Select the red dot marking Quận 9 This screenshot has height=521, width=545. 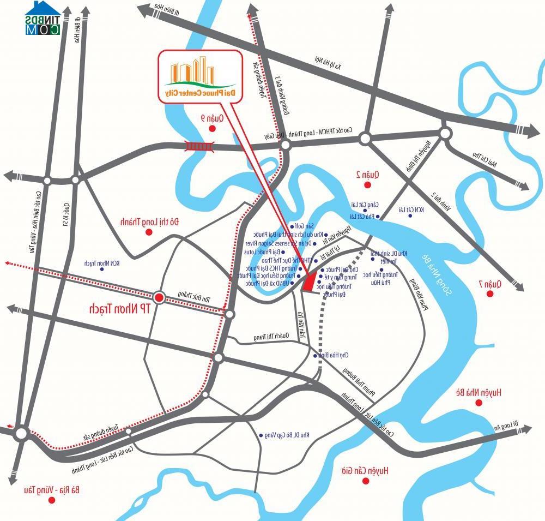pos(213,129)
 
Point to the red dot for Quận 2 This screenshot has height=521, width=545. pos(367,185)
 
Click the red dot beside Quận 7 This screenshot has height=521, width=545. pos(490,294)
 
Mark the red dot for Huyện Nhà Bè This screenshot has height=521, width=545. pos(479,403)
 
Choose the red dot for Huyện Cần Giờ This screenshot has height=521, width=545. pos(366,481)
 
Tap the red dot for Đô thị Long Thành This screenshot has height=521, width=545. pos(148,232)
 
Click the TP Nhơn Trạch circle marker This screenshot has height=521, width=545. pos(159,297)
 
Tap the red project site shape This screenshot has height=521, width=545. pos(309,282)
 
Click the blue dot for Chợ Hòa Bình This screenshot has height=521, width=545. pos(316,355)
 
